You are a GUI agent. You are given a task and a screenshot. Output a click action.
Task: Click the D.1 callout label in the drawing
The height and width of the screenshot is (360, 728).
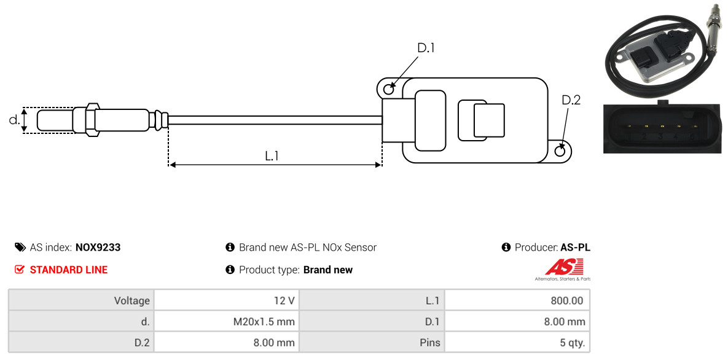[426, 48]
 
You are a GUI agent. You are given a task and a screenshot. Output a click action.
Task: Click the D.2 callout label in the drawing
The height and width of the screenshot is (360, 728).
[571, 100]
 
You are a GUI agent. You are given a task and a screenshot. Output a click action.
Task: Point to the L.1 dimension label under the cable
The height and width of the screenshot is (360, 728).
[272, 156]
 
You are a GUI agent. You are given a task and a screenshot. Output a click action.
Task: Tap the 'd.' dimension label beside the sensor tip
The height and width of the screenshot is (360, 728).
[14, 119]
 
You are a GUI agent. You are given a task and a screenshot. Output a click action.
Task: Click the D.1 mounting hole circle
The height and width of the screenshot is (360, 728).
[389, 87]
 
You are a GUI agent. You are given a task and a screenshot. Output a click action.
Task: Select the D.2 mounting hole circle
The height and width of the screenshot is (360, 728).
[560, 151]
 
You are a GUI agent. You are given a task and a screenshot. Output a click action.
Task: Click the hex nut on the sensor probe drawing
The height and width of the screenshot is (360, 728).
[92, 119]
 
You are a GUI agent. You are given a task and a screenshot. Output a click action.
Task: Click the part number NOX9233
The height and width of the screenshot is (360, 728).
[98, 248]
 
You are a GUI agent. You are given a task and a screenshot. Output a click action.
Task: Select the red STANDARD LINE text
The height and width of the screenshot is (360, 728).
[69, 270]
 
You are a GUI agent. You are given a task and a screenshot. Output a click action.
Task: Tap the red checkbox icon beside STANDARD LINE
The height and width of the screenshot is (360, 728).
[20, 270]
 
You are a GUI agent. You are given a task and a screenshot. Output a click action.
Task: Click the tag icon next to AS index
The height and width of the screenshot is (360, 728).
[20, 247]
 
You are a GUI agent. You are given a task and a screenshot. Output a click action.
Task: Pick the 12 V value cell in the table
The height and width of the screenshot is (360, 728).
[227, 300]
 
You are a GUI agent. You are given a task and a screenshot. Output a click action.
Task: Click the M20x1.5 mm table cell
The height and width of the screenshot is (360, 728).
[227, 321]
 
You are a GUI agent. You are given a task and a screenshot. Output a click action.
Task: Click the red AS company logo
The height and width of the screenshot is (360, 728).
[563, 269]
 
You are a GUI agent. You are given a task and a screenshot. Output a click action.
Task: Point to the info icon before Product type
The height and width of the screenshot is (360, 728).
[230, 270]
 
